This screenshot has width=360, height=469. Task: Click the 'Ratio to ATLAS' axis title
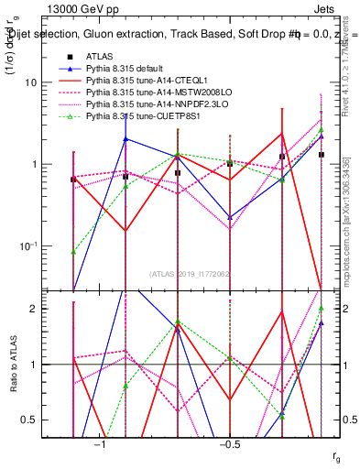13,365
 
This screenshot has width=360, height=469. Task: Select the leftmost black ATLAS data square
73,180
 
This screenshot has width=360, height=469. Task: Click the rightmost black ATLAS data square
322,155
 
